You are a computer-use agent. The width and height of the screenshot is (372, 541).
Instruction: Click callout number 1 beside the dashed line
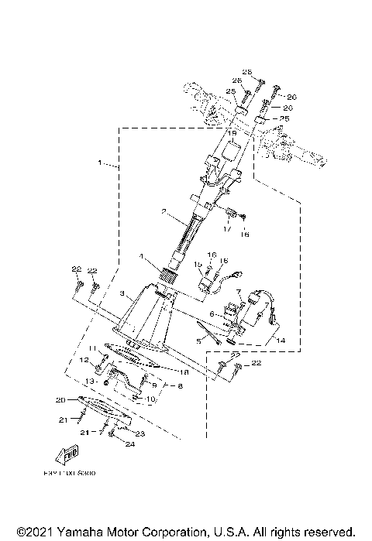coord(99,163)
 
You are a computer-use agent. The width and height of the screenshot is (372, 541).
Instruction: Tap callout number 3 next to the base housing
coord(122,295)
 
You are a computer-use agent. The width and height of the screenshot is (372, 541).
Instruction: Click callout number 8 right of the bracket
coord(181,385)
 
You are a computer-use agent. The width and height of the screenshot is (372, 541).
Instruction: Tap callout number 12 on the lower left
coord(81,361)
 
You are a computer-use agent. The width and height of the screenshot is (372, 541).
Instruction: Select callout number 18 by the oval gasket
coord(184,372)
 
